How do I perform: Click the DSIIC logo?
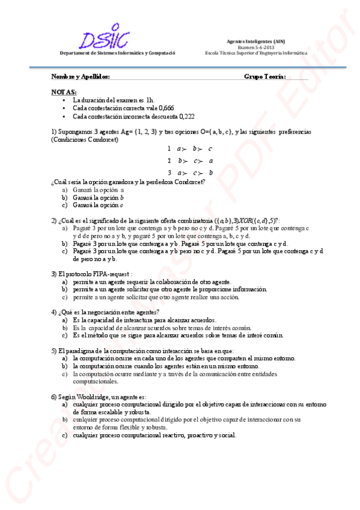106,36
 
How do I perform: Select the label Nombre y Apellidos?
80,77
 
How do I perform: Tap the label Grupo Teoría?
264,77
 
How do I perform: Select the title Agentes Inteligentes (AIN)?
255,41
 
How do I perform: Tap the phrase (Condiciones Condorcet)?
85,140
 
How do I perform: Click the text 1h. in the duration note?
150,99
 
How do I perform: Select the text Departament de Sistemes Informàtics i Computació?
117,54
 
